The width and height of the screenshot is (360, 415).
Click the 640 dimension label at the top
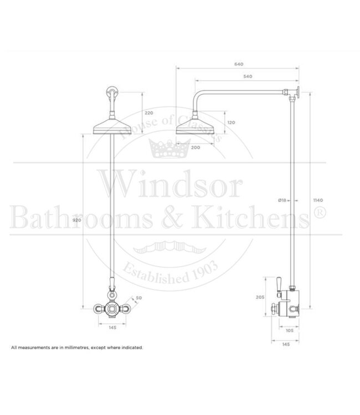tap(239, 64)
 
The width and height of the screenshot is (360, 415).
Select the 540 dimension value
tap(239, 75)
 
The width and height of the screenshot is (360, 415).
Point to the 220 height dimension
tap(148, 112)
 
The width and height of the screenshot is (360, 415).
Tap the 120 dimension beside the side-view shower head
tap(231, 122)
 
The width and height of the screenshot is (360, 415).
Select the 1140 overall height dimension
tap(318, 200)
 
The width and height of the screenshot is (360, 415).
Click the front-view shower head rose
tap(112, 128)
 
